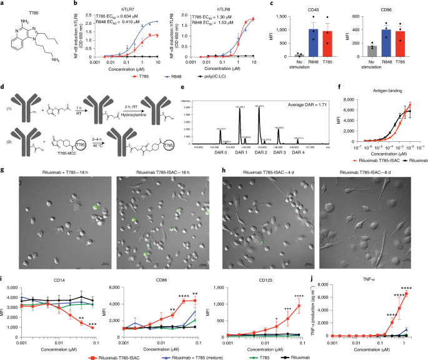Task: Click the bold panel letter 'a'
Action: click(3, 4)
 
